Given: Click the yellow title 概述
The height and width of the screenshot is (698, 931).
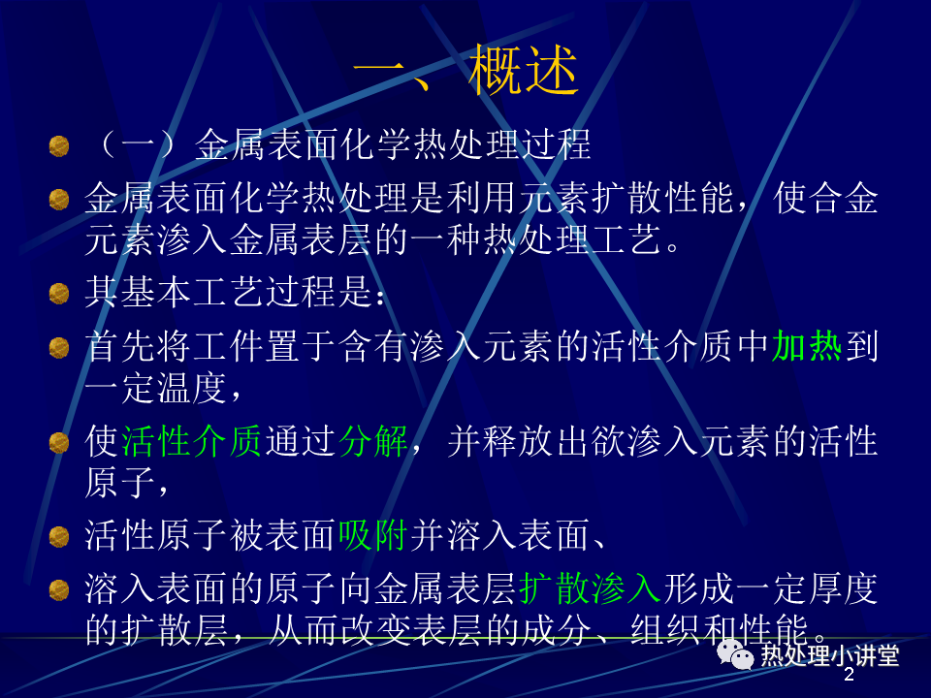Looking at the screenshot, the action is click(523, 70).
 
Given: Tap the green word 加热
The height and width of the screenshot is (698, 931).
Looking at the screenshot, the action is click(806, 347).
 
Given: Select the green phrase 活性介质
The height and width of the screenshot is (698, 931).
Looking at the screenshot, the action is click(191, 442).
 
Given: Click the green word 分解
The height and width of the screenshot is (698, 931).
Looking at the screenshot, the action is click(373, 442).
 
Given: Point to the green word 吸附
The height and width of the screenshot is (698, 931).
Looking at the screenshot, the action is click(373, 535).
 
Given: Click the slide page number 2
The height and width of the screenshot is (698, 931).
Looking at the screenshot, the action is click(849, 674).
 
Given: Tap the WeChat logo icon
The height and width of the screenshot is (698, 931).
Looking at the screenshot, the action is click(734, 654).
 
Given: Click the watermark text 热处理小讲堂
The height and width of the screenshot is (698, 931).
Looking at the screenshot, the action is click(830, 655).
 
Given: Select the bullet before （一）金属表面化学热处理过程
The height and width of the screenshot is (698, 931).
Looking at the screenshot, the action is click(59, 146).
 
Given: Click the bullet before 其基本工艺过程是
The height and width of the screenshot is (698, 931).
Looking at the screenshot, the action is click(59, 293).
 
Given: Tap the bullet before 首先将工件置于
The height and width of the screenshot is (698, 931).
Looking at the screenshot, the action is click(59, 347).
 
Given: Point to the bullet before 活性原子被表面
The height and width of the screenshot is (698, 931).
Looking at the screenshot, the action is click(59, 536).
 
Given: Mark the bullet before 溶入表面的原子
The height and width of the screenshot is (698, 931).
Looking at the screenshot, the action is click(59, 589).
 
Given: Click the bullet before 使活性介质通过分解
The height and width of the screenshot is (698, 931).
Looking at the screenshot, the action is click(59, 443).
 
